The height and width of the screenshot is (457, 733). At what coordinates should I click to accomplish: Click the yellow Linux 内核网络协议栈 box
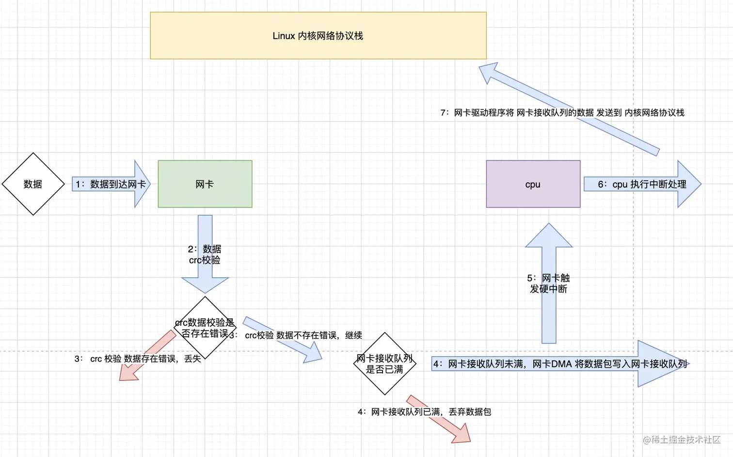point(318,36)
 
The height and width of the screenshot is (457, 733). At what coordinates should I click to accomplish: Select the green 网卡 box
point(205,184)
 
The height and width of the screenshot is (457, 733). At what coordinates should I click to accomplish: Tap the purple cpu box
point(533,184)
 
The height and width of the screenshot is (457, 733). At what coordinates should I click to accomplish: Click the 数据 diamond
point(33,184)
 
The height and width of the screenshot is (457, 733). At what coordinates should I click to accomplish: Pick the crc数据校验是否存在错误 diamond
point(205,328)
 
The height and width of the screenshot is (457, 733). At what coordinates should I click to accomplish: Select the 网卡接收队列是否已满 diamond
point(384,364)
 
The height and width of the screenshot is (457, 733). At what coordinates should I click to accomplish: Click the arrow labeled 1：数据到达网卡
point(111,184)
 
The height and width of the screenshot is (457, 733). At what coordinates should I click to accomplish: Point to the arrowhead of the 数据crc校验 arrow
point(205,284)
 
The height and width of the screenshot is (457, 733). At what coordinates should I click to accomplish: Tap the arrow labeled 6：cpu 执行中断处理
point(642,184)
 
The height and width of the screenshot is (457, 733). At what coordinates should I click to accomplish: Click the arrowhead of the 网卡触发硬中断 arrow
point(549,236)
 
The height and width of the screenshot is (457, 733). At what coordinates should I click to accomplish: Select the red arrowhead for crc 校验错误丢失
point(128,373)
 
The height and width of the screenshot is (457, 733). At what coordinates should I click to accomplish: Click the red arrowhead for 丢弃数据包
point(461,434)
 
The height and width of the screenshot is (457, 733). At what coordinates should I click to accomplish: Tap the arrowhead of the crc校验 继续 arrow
point(312,354)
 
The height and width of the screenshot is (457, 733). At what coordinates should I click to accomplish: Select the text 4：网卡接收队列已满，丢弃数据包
point(424,412)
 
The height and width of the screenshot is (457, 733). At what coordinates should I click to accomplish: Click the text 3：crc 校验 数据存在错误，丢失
point(138,359)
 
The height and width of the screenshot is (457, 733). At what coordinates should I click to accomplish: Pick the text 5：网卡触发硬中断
point(548,284)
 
